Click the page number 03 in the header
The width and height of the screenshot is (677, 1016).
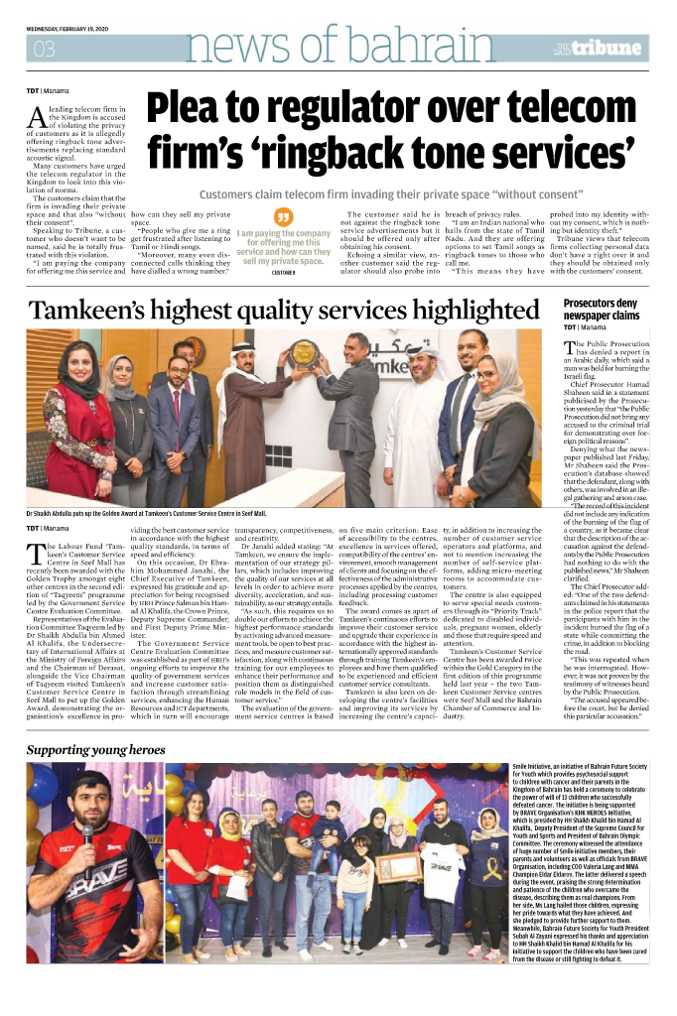(45, 49)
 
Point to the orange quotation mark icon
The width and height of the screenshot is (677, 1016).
(284, 215)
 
